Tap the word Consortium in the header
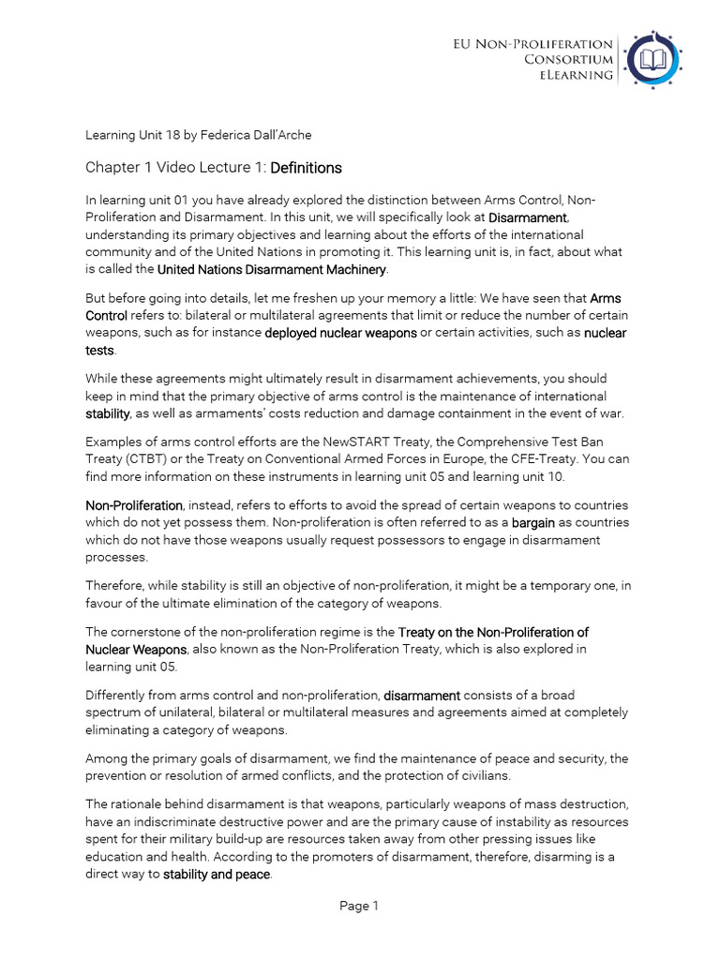(568, 59)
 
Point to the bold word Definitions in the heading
(306, 168)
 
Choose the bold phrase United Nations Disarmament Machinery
(272, 269)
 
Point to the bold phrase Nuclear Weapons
(137, 649)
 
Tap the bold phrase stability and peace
(217, 875)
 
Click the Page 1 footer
(360, 906)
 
